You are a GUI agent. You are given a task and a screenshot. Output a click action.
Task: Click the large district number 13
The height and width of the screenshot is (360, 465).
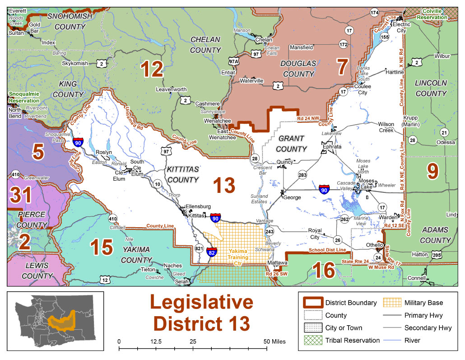pos(224,185)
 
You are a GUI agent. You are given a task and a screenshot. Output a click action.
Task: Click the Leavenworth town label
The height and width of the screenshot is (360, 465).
pos(171,89)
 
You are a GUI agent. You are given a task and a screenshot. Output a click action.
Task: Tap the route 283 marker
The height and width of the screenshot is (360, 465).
pos(302,174)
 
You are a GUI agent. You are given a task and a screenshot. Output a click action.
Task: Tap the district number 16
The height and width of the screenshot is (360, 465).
pos(324,270)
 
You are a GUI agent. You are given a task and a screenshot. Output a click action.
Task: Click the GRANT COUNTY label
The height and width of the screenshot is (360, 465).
pos(291,143)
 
